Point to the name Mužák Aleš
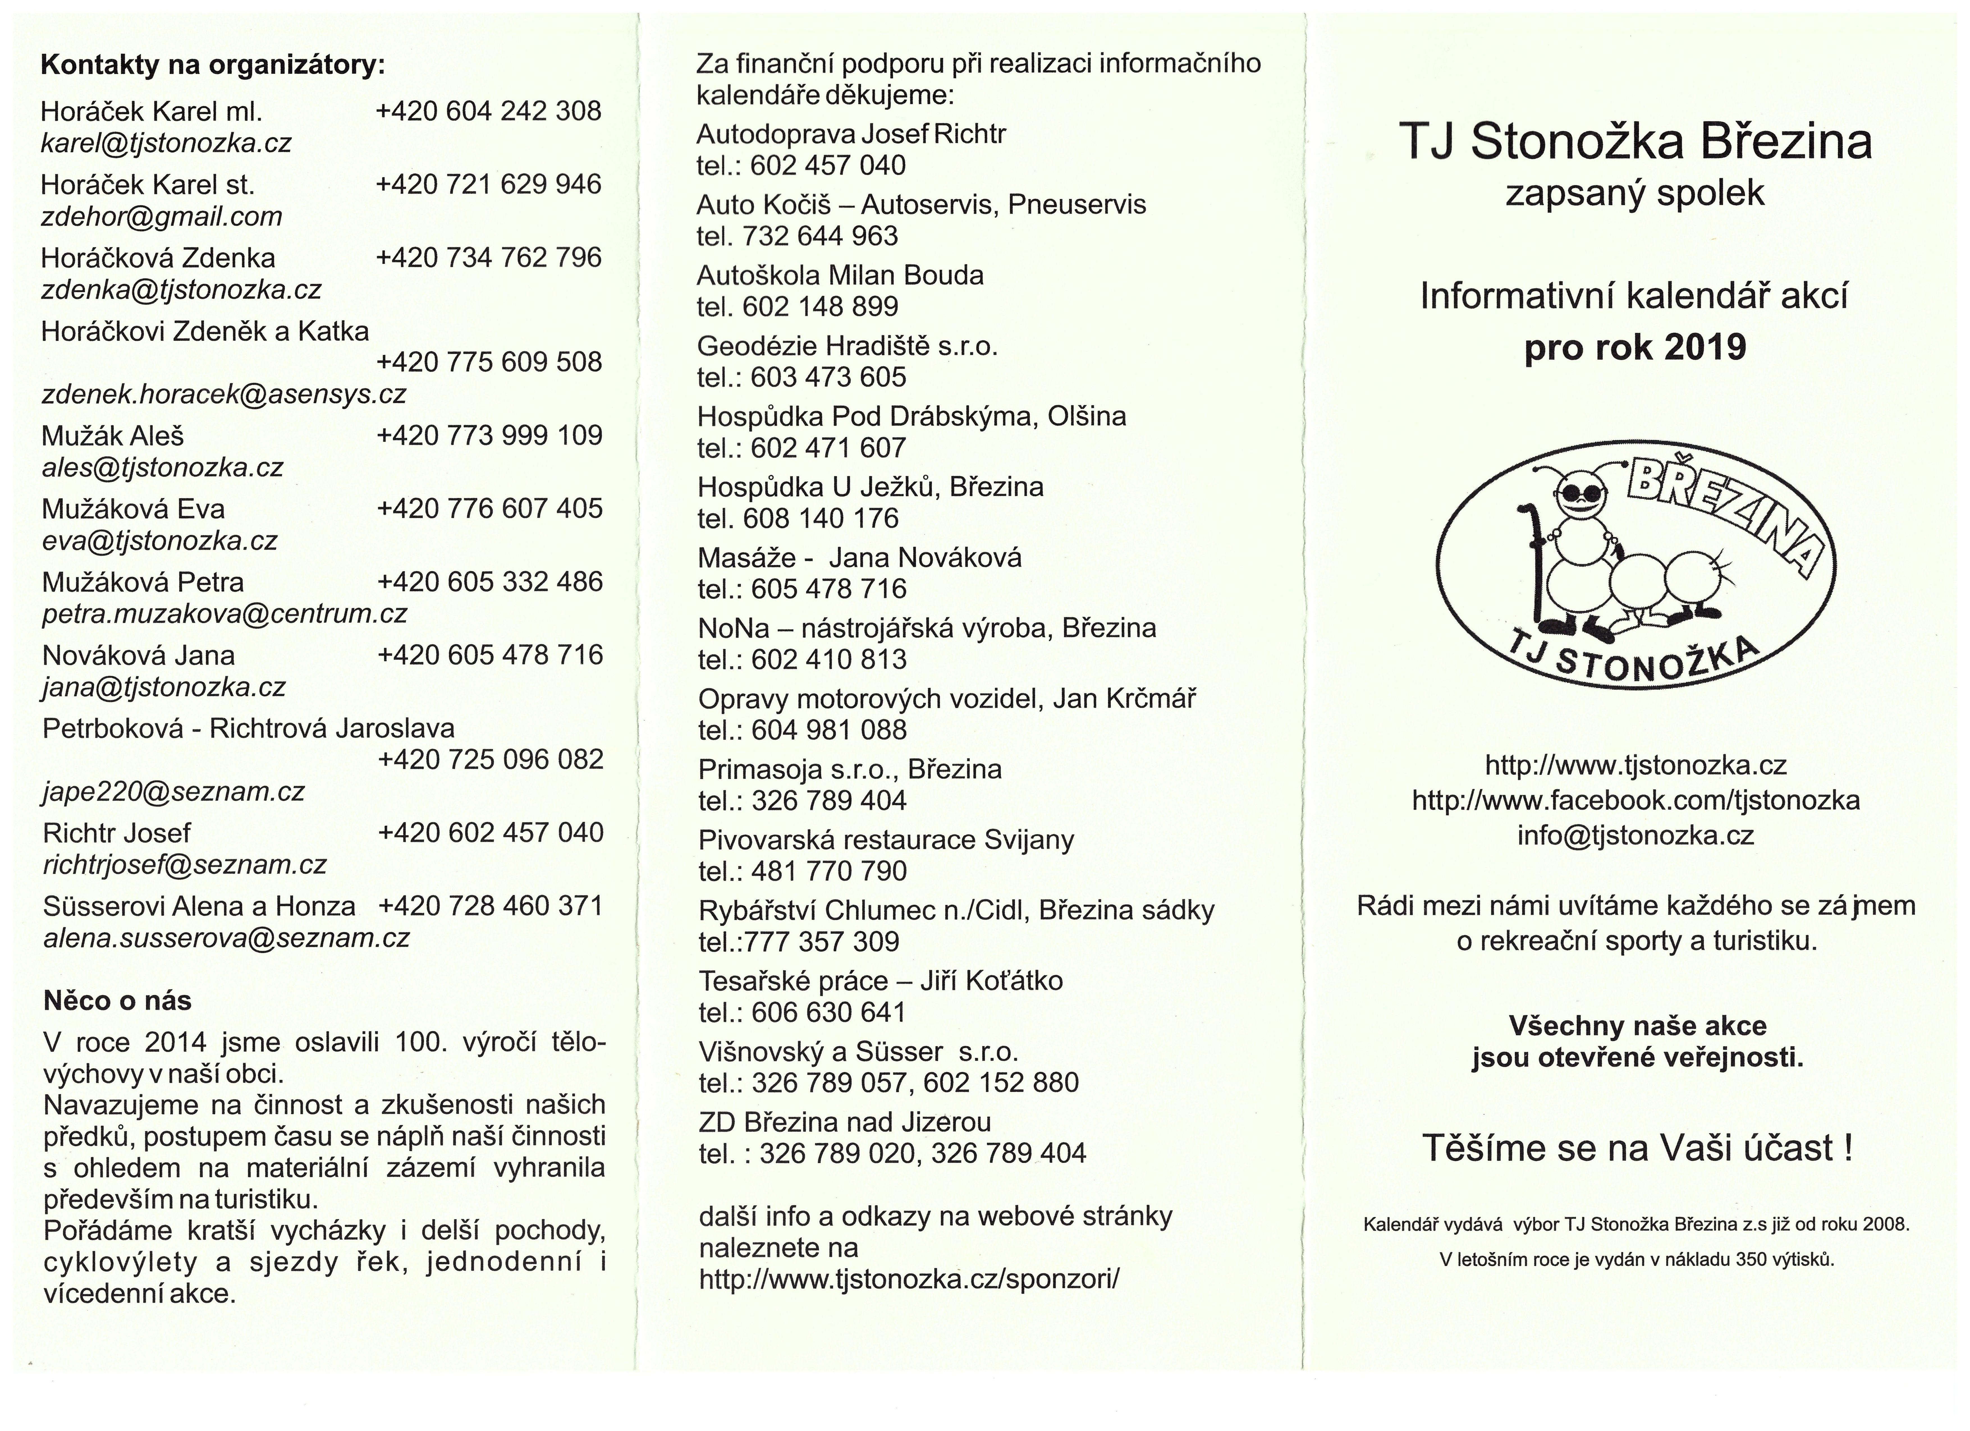(113, 436)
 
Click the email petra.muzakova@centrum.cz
(224, 614)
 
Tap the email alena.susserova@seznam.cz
(226, 938)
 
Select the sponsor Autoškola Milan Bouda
(840, 275)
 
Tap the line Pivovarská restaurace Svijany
(886, 840)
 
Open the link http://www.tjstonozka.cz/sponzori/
(909, 1278)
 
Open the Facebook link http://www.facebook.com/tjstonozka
(1635, 800)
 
